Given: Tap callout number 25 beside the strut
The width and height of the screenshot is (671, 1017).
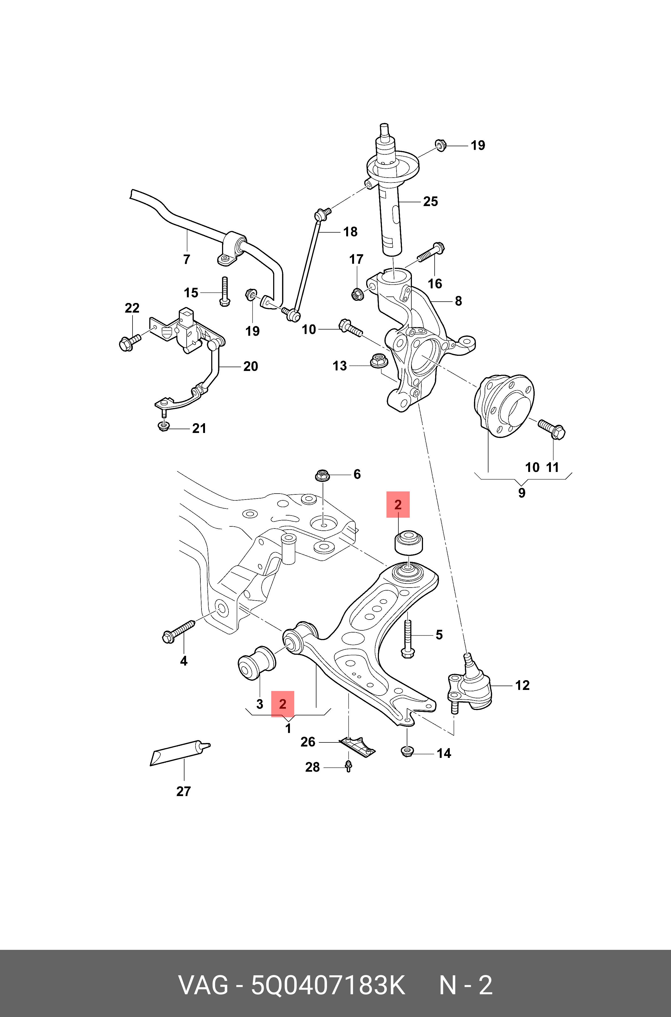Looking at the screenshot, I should point(431,201).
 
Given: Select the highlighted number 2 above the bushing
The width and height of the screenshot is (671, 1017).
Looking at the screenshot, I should point(398,505).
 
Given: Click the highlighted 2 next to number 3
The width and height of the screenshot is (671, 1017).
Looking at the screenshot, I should point(282,704).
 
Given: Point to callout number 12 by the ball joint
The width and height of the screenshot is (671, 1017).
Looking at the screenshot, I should point(522,685).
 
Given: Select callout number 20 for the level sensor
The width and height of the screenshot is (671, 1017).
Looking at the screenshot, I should point(250,366).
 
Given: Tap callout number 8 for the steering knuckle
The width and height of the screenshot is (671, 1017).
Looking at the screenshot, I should point(458,301).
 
